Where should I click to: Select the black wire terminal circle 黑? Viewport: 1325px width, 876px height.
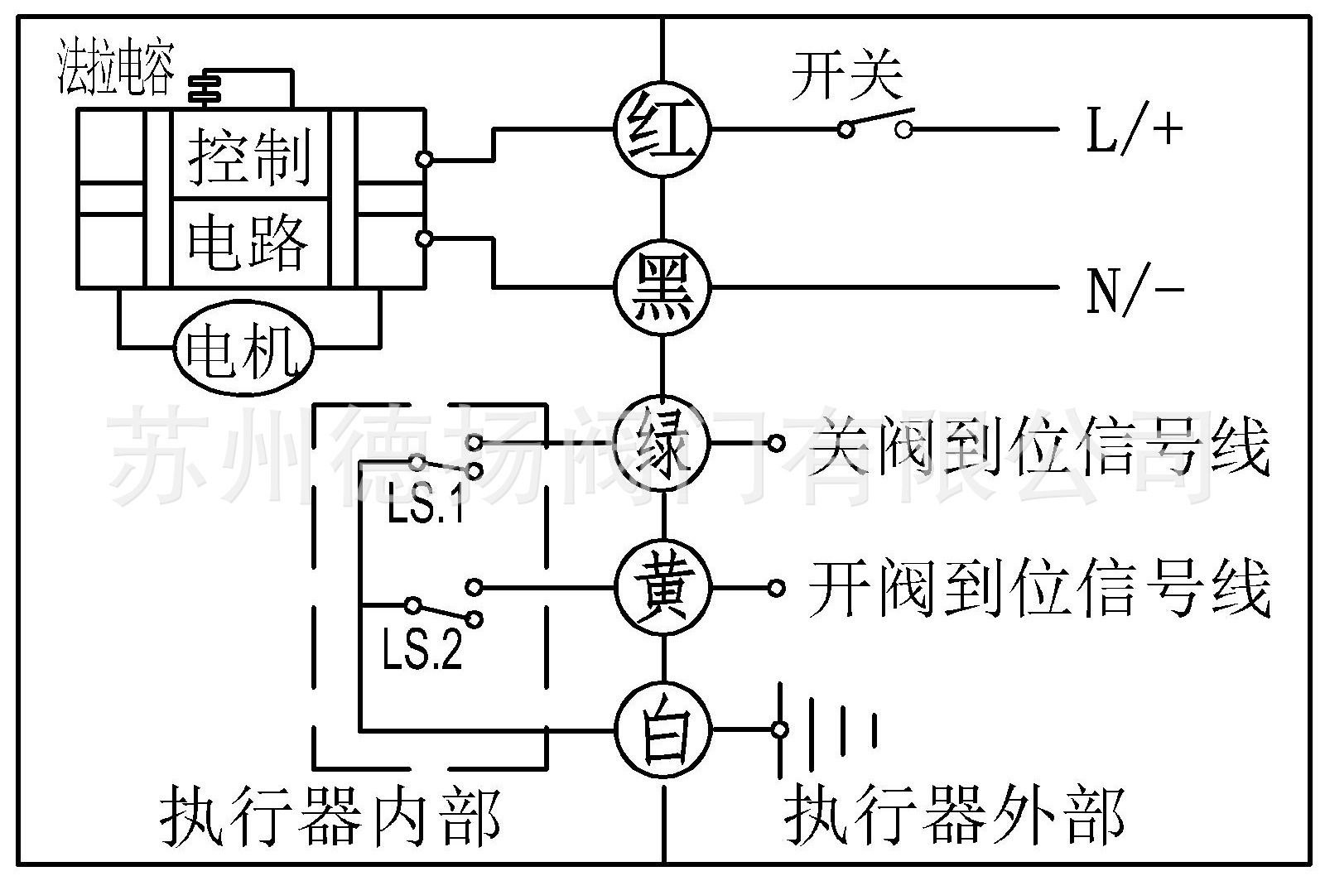pos(662,287)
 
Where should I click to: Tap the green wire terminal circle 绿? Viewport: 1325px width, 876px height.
pos(662,444)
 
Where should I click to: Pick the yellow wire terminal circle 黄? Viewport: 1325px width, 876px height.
pos(662,588)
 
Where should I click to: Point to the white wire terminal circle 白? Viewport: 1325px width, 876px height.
pos(662,729)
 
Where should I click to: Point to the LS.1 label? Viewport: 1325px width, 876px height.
pos(425,507)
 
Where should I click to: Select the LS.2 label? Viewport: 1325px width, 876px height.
pos(422,651)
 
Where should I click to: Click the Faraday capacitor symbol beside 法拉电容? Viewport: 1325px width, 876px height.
pos(204,88)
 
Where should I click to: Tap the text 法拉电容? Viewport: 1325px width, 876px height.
pos(115,71)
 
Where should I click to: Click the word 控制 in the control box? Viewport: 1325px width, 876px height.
pos(248,156)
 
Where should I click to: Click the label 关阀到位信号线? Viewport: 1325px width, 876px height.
pos(1038,447)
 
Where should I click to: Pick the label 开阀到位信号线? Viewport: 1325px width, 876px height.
pos(1038,590)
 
